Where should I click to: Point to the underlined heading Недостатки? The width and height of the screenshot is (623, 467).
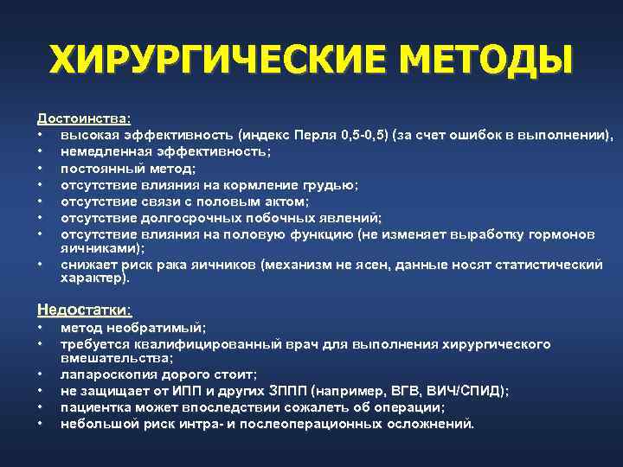click(x=85, y=309)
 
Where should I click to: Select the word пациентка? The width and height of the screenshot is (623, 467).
click(x=96, y=407)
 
